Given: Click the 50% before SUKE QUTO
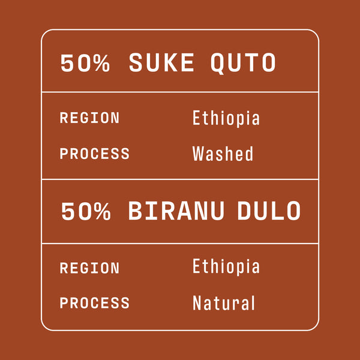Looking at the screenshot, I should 85,63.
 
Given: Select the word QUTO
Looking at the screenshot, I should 244,63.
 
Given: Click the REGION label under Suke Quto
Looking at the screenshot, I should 89,118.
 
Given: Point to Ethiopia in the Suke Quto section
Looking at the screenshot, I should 226,118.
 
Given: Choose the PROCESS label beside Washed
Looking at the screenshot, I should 94,154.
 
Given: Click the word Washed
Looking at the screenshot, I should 223,154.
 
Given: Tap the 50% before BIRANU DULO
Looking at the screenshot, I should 86,211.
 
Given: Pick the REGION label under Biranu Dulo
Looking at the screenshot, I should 89,268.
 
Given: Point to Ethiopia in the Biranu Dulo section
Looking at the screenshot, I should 226,266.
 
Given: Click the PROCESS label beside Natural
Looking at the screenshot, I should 94,303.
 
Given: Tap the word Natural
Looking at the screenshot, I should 224,303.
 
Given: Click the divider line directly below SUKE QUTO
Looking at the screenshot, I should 180,92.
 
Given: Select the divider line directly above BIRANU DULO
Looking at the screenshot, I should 180,179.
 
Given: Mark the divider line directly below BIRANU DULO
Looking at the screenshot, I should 180,244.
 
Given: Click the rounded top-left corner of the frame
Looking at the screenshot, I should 45,33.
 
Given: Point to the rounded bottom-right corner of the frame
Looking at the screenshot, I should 315,326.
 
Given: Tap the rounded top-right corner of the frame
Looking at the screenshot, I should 315,33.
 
